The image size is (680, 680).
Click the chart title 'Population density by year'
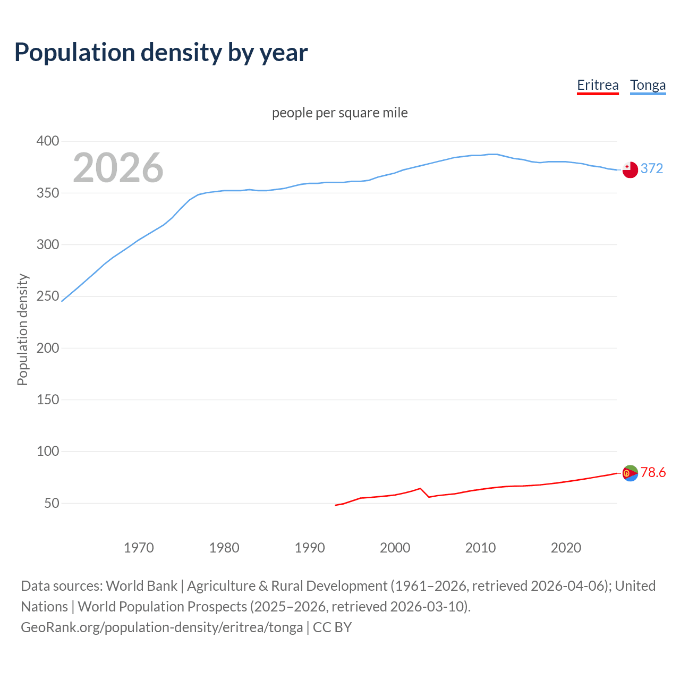click(161, 53)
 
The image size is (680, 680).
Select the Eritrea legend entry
click(598, 85)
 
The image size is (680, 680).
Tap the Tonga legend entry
click(648, 85)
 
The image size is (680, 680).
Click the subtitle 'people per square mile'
click(339, 113)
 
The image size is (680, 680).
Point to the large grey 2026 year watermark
click(118, 168)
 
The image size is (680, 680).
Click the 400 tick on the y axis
click(47, 141)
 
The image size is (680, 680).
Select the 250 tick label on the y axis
click(47, 296)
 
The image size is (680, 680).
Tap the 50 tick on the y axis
click(52, 503)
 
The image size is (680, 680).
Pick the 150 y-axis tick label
click(47, 399)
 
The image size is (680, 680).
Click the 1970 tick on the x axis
click(139, 548)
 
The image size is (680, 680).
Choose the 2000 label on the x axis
click(395, 548)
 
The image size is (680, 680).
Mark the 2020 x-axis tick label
click(566, 548)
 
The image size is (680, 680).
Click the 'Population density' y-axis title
click(22, 329)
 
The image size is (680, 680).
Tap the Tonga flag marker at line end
click(630, 169)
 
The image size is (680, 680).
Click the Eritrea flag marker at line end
click(630, 473)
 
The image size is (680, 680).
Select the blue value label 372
click(652, 168)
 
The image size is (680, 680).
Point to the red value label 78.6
click(653, 472)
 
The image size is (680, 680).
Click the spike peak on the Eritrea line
click(420, 488)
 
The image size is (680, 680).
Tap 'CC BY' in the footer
click(333, 627)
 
